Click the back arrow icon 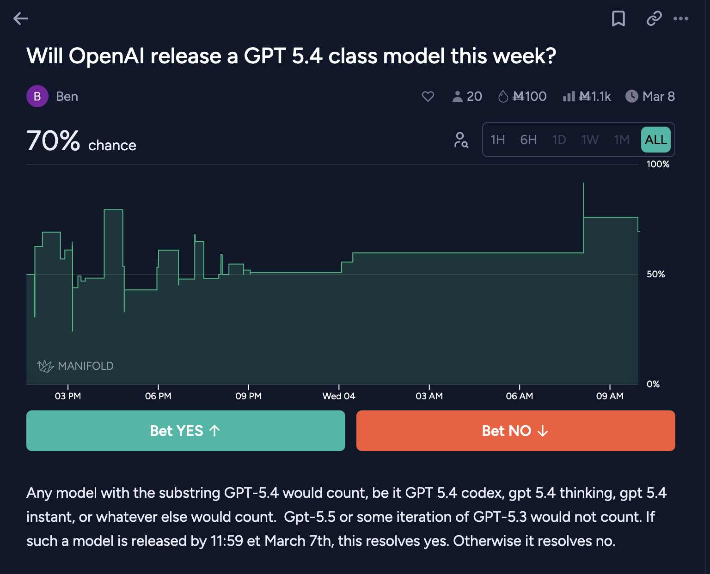pyautogui.click(x=21, y=18)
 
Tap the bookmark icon pyautogui.click(x=618, y=18)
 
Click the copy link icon pyautogui.click(x=654, y=18)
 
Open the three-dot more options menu pyautogui.click(x=680, y=18)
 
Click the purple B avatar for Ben pyautogui.click(x=37, y=96)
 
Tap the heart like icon pyautogui.click(x=428, y=96)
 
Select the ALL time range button pyautogui.click(x=655, y=140)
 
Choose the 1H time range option pyautogui.click(x=497, y=140)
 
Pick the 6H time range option pyautogui.click(x=528, y=140)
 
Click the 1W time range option pyautogui.click(x=590, y=140)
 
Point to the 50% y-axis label pyautogui.click(x=655, y=274)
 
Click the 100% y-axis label pyautogui.click(x=658, y=164)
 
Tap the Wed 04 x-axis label pyautogui.click(x=339, y=396)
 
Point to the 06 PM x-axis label pyautogui.click(x=158, y=396)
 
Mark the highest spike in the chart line pyautogui.click(x=583, y=184)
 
